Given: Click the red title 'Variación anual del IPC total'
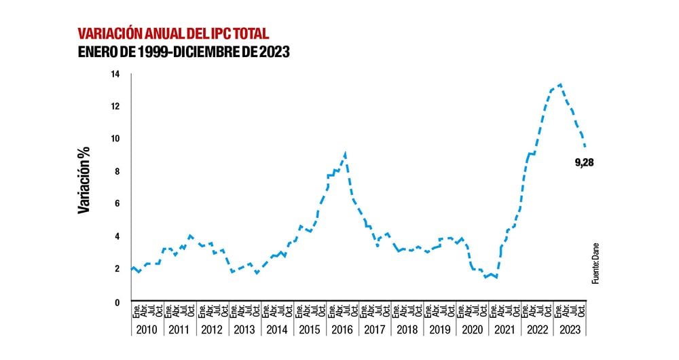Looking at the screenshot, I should click(x=173, y=33).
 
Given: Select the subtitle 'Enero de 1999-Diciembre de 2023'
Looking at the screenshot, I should click(x=183, y=53).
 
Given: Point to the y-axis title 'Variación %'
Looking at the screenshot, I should click(x=84, y=182).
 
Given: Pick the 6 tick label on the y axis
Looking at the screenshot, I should click(x=117, y=204).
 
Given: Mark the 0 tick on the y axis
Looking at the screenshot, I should click(x=117, y=302).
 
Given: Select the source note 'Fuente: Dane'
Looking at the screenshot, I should click(x=595, y=262).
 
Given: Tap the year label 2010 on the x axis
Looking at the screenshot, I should click(x=146, y=329).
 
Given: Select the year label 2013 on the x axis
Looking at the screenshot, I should click(x=244, y=329).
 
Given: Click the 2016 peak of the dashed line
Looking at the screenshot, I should click(x=346, y=154).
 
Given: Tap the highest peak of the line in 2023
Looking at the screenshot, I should click(x=559, y=85).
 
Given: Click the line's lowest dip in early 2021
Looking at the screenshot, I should click(x=496, y=277).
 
